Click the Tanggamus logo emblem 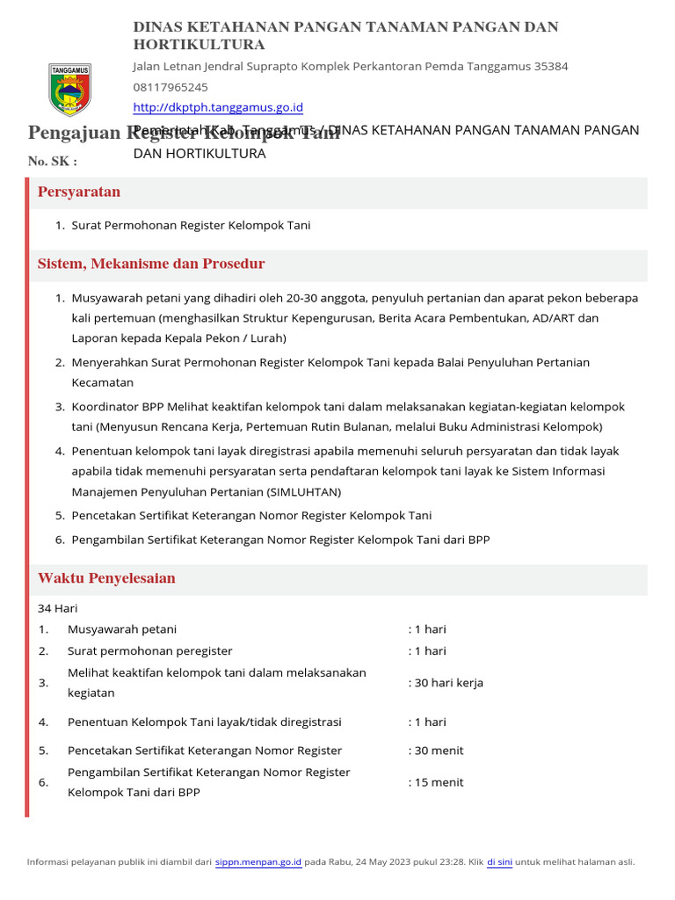click(x=68, y=90)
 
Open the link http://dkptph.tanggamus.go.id click(x=218, y=107)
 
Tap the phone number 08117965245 click(x=171, y=87)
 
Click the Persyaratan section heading click(x=79, y=192)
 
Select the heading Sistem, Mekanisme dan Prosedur click(x=151, y=265)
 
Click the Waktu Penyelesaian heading click(x=106, y=578)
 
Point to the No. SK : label click(x=53, y=162)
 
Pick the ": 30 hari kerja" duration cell click(x=446, y=683)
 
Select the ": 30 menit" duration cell click(x=436, y=751)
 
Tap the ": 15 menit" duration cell click(x=436, y=782)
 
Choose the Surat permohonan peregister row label click(x=150, y=651)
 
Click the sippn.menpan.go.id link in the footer click(x=258, y=862)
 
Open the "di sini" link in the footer click(x=499, y=862)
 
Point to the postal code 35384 click(x=551, y=67)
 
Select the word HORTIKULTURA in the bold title click(x=200, y=45)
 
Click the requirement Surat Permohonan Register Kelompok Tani click(x=191, y=226)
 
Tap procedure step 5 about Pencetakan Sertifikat click(x=251, y=516)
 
